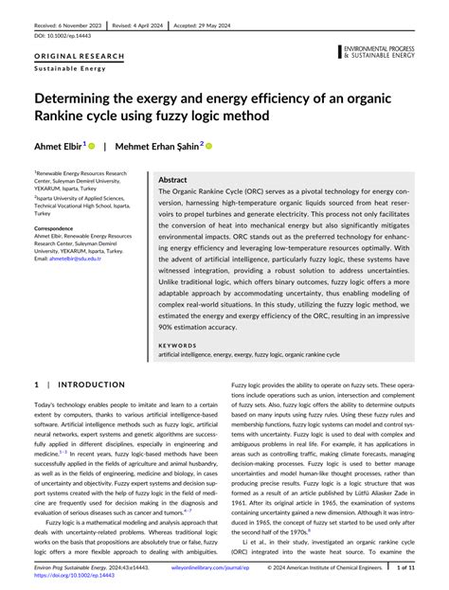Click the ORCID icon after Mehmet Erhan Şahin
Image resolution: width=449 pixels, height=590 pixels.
click(x=209, y=147)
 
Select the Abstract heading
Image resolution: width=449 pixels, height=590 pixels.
click(x=172, y=179)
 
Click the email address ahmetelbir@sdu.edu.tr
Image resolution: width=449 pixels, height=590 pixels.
click(x=74, y=259)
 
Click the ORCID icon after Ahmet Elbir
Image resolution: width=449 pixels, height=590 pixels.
click(x=93, y=147)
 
